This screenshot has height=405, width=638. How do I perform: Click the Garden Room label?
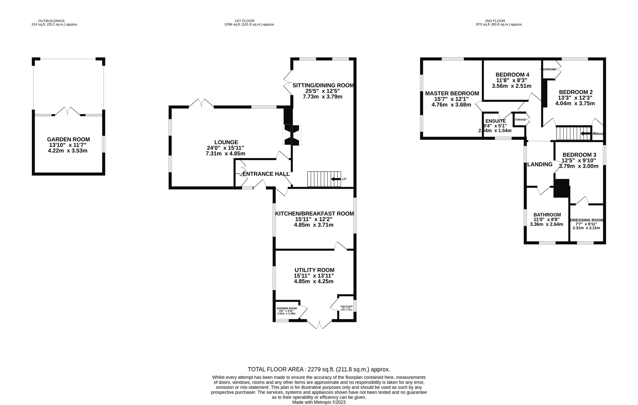pyautogui.click(x=68, y=139)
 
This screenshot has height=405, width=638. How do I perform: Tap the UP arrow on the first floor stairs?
pyautogui.click(x=336, y=179)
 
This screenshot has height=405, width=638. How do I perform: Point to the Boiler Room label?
pyautogui.click(x=347, y=306)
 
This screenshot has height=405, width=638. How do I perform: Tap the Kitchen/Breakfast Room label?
pyautogui.click(x=315, y=213)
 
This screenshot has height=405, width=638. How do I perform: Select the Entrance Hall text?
pyautogui.click(x=266, y=174)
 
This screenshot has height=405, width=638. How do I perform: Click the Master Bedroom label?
pyautogui.click(x=452, y=93)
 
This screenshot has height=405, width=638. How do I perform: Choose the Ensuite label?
pyautogui.click(x=495, y=121)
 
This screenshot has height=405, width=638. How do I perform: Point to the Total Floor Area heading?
pyautogui.click(x=319, y=369)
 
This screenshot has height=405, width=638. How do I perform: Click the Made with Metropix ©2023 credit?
pyautogui.click(x=319, y=402)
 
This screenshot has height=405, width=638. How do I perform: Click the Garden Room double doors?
pyautogui.click(x=68, y=111)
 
